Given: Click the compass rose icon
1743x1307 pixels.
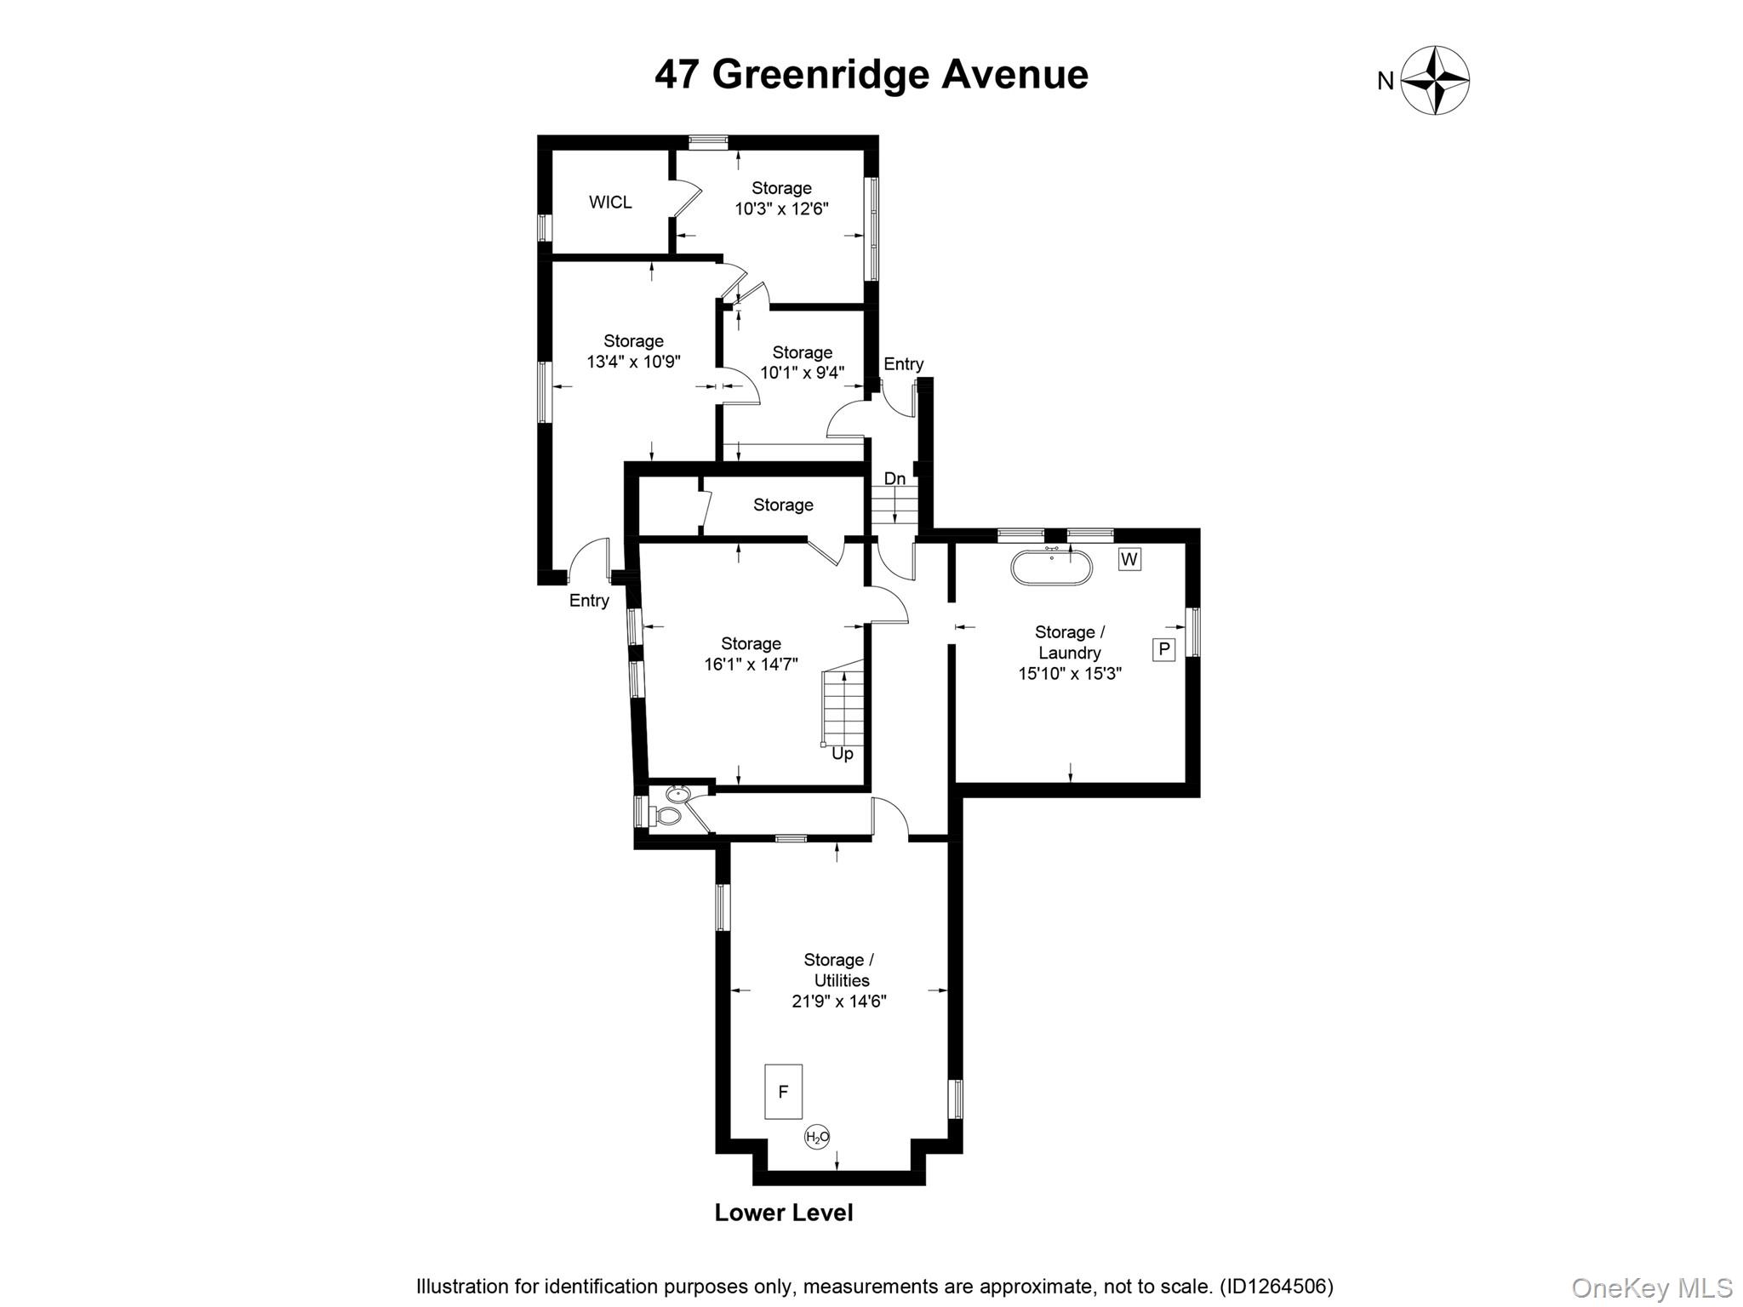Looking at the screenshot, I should tap(1435, 80).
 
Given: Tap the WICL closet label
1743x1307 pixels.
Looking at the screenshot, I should tap(610, 203).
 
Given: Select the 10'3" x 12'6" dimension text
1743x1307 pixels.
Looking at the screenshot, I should tap(781, 208).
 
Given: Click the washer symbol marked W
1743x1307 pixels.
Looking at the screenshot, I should tap(1129, 559).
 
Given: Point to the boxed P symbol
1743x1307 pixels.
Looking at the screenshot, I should tap(1163, 649).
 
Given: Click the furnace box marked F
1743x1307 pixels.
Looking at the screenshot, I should tap(783, 1092).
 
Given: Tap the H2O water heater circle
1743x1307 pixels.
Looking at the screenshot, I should tap(817, 1137).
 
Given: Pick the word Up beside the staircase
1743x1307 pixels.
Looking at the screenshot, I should tap(842, 754).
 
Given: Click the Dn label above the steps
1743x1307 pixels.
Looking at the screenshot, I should tap(894, 479).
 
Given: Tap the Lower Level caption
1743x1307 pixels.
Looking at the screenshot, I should tap(783, 1213).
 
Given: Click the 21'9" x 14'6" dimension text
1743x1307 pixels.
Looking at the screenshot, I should tap(839, 1002).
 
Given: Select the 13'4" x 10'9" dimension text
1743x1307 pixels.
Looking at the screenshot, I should tap(633, 362).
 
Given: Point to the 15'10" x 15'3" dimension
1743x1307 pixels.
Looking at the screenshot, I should tap(1070, 674).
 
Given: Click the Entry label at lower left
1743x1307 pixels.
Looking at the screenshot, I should tap(589, 601).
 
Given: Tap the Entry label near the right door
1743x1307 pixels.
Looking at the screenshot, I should tap(903, 364).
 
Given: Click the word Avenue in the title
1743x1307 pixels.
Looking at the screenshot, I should tap(1014, 75).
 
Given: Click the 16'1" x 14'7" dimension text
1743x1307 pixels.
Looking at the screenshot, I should tap(751, 665).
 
